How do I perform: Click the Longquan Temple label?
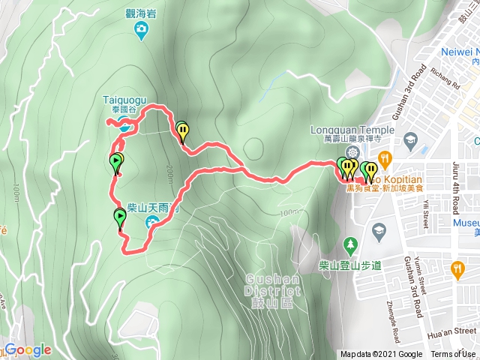click(x=352, y=128)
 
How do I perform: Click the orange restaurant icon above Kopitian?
click(x=385, y=157)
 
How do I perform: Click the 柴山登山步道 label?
click(x=351, y=265)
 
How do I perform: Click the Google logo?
click(x=28, y=349)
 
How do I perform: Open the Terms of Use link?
click(x=452, y=354)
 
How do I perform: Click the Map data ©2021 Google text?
click(x=381, y=354)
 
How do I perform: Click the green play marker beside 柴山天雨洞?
click(x=120, y=218)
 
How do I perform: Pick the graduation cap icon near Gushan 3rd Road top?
click(x=410, y=139)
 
